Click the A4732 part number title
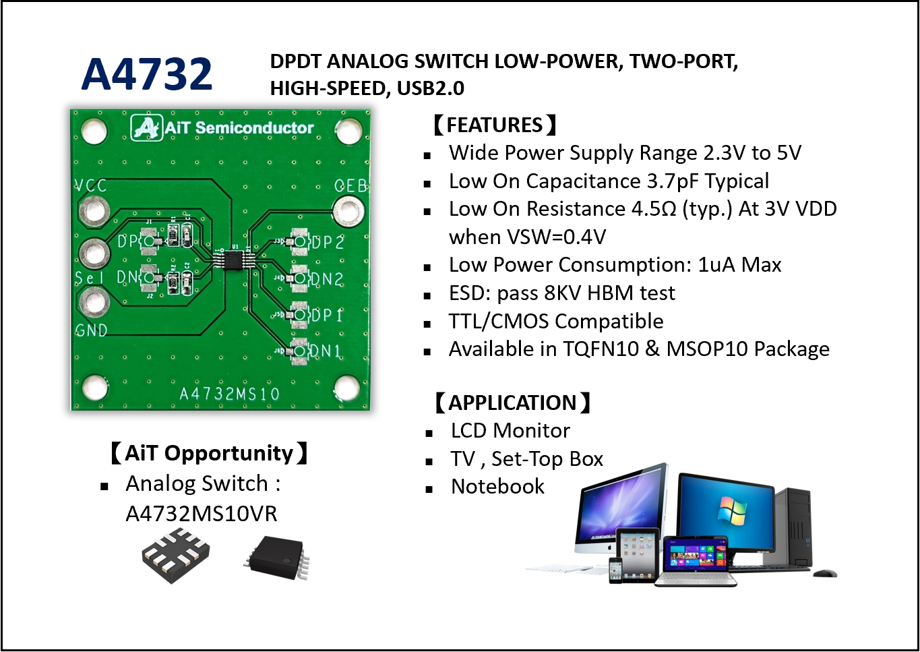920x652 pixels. point(147,73)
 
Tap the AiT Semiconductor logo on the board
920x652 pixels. point(222,127)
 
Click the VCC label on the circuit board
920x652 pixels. point(90,185)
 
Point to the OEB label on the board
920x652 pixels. point(350,185)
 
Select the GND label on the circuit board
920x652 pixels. point(91,330)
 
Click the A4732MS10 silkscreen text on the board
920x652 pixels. point(229,394)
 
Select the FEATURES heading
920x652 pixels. point(494,125)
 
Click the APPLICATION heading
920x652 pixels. point(512,403)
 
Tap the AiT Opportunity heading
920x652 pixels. point(208,453)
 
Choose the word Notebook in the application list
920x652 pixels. point(497,486)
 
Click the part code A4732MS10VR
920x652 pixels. point(201,514)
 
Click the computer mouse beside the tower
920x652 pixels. point(825,573)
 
